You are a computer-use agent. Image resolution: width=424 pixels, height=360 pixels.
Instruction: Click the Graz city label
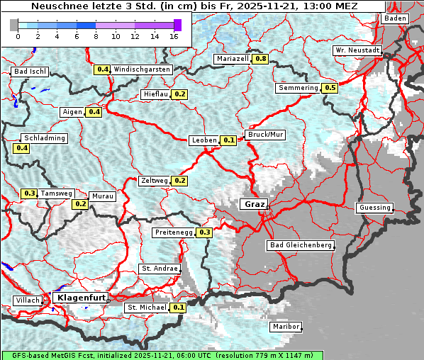[x=254, y=204]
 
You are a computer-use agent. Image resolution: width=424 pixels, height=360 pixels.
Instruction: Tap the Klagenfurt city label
[x=79, y=298]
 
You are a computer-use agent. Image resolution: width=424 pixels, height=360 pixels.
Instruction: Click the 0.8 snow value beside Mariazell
[x=260, y=59]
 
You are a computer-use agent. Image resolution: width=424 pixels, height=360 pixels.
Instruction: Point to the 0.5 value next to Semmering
[x=329, y=88]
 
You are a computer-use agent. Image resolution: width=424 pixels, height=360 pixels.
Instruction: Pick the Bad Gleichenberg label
[x=300, y=245]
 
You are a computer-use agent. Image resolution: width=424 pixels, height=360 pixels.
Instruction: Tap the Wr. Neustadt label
[x=357, y=51]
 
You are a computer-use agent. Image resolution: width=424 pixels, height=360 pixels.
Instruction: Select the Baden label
[x=395, y=18]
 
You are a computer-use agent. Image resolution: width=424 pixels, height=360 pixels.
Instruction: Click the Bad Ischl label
[x=30, y=72]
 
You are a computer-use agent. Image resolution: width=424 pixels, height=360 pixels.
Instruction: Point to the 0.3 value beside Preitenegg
[x=205, y=232]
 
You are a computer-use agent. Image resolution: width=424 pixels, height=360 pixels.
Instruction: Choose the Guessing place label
[x=374, y=208]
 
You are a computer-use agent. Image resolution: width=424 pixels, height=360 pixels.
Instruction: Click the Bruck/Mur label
[x=264, y=134]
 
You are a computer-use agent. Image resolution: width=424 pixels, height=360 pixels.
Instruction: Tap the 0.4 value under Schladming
[x=21, y=148]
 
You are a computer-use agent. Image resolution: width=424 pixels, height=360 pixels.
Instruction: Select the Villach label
[x=28, y=300]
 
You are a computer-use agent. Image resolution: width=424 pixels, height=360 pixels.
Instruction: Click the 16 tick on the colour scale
[x=174, y=35]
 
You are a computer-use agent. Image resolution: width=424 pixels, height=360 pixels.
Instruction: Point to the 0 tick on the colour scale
[x=18, y=35]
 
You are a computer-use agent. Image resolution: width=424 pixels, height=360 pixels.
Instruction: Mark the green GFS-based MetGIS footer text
[x=162, y=355]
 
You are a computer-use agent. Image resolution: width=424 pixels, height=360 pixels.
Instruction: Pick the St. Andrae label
[x=159, y=269]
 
